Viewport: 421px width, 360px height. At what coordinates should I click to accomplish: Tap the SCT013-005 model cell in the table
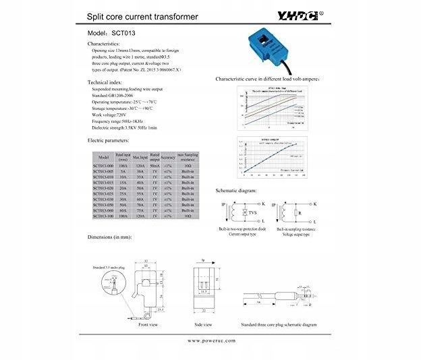point(103,171)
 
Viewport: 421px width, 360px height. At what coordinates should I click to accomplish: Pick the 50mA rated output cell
point(155,164)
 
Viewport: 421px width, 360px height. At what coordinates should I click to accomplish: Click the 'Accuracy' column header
point(169,156)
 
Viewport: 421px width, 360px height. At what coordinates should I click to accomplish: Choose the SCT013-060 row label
point(103,210)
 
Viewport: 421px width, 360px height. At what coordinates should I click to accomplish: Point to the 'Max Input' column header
point(141,156)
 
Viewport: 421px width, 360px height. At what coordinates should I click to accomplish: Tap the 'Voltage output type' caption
point(298,234)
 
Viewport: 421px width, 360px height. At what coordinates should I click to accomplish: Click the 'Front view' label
point(148,324)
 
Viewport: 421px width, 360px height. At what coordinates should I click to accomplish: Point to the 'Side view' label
point(206,324)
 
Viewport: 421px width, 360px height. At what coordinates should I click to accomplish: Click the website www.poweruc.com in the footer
point(211,341)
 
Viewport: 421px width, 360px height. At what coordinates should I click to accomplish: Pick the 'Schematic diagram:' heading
point(236,191)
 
